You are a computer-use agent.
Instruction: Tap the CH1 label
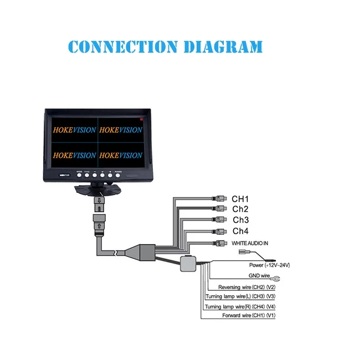pos(240,199)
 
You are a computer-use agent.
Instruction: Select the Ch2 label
pos(240,209)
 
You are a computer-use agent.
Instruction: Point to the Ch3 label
pos(240,220)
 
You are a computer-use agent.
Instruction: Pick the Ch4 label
pos(240,231)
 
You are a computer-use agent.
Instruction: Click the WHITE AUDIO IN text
pos(250,244)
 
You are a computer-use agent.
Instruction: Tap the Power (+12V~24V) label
pos(269,266)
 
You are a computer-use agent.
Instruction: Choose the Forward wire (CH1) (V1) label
pos(240,315)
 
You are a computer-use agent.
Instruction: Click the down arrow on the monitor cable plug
pos(100,200)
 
